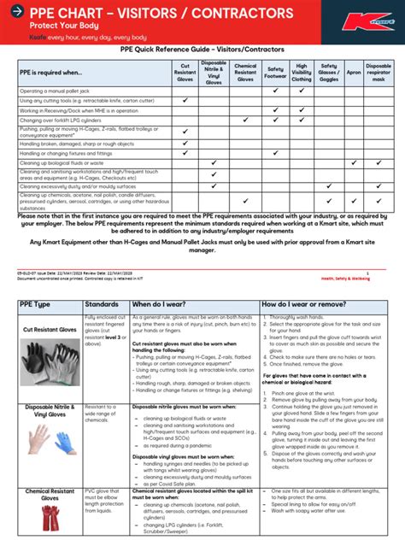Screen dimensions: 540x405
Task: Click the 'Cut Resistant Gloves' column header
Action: pos(185,73)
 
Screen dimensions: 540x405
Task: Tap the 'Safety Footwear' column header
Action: pos(275,73)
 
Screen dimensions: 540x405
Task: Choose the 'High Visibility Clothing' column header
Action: pos(302,73)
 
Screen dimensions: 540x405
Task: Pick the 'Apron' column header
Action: pos(354,73)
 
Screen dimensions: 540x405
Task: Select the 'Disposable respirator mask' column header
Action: pos(379,73)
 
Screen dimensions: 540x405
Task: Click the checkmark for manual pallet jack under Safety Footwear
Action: pos(275,91)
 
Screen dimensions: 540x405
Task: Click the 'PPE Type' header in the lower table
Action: pos(37,304)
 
